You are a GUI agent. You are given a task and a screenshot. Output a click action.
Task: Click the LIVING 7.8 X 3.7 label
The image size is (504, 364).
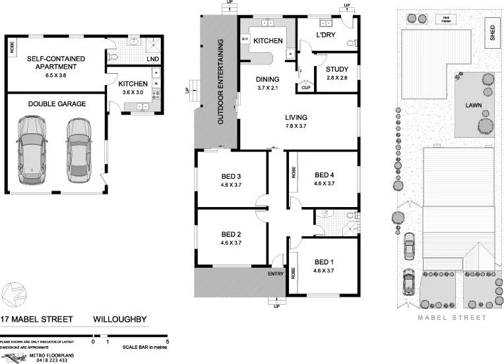[297, 122]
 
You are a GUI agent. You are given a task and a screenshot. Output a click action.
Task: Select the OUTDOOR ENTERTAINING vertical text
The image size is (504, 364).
[221, 82]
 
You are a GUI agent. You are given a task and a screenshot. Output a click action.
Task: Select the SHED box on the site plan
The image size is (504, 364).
[491, 33]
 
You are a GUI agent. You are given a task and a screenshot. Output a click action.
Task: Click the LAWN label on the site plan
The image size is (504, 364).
[473, 105]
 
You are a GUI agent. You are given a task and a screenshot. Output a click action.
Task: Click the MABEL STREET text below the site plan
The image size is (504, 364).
[453, 318]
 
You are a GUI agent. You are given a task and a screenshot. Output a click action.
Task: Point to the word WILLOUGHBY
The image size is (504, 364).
[121, 320]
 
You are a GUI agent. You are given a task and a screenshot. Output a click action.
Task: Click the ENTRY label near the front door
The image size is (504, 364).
[275, 274]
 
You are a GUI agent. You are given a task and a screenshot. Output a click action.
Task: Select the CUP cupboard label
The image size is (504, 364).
[305, 88]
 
